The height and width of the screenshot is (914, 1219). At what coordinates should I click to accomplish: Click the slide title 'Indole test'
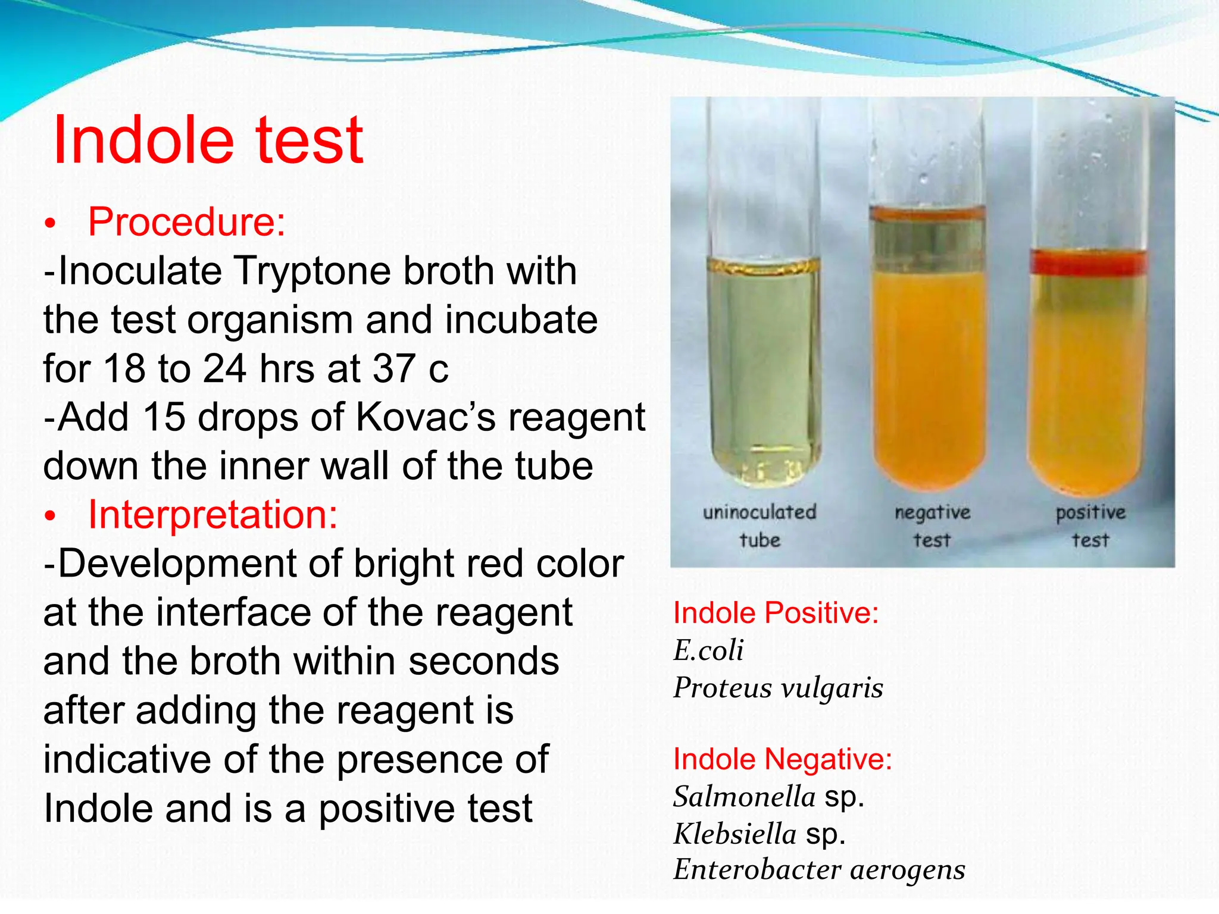[x=208, y=140]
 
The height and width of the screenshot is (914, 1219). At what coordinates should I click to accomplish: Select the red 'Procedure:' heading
[x=187, y=222]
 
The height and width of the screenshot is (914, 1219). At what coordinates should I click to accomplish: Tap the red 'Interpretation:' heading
[x=212, y=514]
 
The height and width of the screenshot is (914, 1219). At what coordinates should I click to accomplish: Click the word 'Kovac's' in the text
[x=425, y=417]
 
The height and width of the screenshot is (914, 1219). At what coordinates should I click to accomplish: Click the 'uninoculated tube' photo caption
[x=759, y=525]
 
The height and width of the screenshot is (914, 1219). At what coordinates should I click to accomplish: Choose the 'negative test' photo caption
[x=932, y=525]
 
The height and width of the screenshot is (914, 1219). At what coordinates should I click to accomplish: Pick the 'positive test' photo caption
[x=1090, y=525]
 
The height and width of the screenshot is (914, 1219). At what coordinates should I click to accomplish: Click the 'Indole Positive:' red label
[x=776, y=613]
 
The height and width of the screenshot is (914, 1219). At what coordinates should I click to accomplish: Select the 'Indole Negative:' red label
[x=782, y=759]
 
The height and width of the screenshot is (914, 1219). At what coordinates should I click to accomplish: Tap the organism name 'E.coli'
[x=708, y=650]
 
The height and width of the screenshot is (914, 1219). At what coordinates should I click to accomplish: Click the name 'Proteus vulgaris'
[x=778, y=688]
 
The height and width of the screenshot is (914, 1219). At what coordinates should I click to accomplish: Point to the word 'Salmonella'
[x=744, y=796]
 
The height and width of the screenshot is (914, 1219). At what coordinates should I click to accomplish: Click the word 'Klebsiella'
[x=734, y=834]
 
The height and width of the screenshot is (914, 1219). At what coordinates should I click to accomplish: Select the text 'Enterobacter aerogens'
[x=819, y=870]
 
